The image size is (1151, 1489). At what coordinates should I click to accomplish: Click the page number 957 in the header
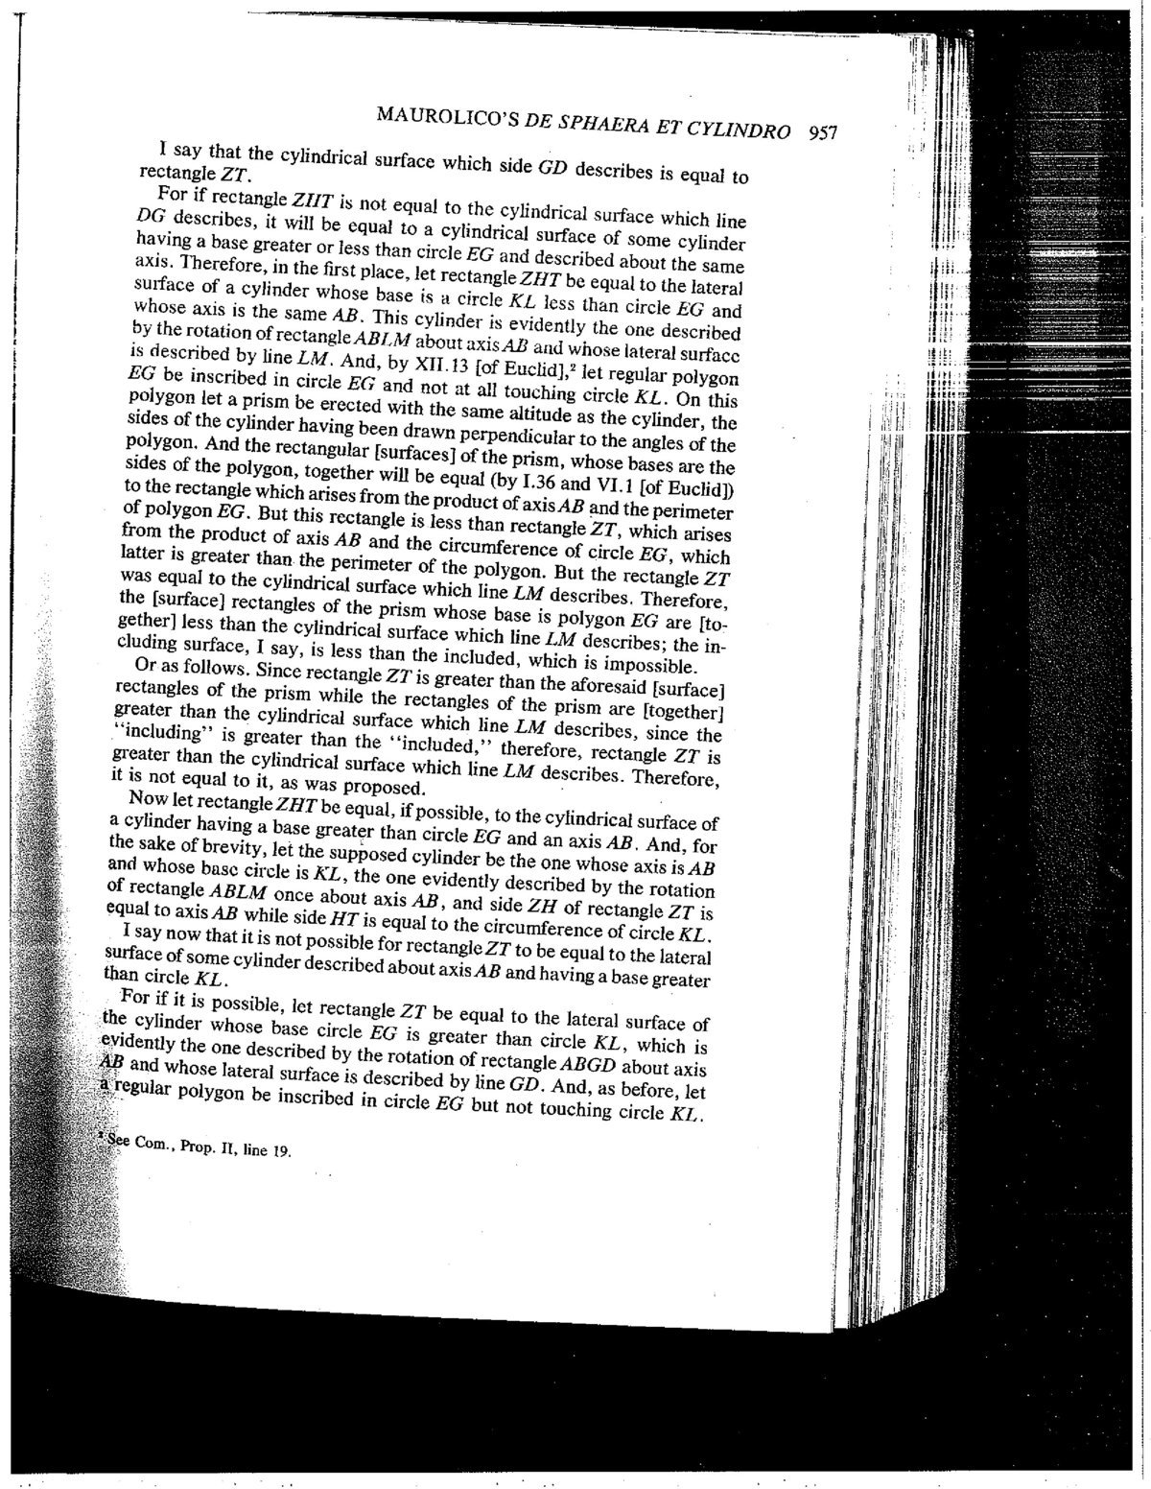pos(824,131)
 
